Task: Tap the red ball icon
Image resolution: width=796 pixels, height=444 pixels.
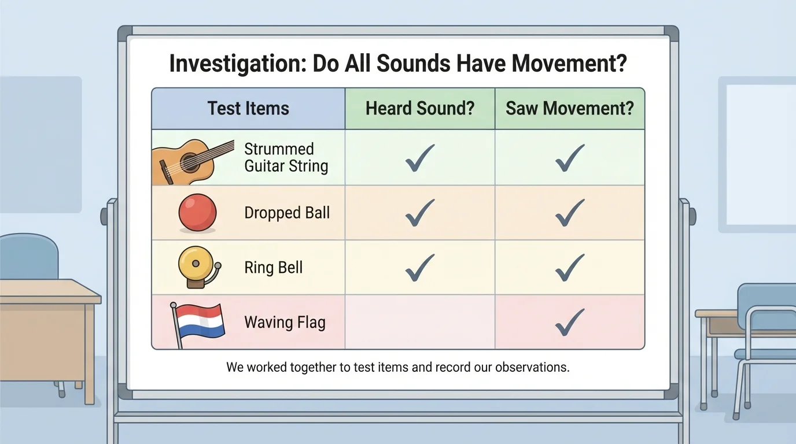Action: click(197, 213)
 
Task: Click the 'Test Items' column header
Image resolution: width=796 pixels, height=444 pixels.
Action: click(248, 108)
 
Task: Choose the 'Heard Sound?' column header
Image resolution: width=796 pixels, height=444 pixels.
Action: click(420, 108)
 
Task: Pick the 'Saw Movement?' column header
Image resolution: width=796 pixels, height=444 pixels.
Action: click(570, 108)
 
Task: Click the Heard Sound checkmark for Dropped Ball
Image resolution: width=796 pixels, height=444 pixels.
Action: click(420, 212)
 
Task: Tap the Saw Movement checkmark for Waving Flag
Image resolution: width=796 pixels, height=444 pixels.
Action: click(570, 322)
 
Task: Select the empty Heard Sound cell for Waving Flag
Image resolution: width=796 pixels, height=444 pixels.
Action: click(420, 322)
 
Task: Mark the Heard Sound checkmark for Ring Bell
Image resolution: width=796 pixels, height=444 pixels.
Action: click(420, 267)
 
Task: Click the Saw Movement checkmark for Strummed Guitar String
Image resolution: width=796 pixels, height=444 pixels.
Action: click(570, 157)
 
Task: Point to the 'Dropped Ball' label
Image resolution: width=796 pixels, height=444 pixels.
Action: click(287, 213)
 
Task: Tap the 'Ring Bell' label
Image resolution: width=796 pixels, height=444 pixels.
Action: click(274, 268)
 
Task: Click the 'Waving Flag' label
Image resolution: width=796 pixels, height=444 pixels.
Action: click(285, 322)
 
